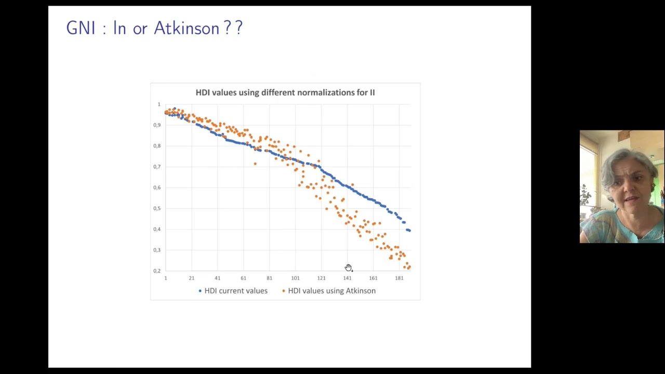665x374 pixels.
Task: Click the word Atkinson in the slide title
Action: coord(187,28)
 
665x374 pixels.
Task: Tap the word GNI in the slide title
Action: coord(81,28)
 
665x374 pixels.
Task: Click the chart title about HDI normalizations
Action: coord(285,92)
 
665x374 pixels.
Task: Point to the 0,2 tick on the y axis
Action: coord(157,271)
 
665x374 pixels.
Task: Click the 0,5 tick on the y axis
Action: coord(157,208)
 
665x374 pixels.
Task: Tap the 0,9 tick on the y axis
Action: coord(157,125)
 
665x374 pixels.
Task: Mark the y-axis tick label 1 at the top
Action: coord(159,104)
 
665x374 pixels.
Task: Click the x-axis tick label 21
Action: coord(191,278)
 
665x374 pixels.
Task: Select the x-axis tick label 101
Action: coord(295,278)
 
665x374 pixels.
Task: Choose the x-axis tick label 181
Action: coord(399,278)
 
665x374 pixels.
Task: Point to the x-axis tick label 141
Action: coord(347,278)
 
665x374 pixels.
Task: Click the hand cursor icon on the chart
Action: coord(348,268)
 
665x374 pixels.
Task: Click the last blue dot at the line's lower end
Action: coord(409,230)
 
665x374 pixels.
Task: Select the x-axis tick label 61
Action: coord(243,278)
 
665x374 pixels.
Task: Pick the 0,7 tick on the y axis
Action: coord(157,167)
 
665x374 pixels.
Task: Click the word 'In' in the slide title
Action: coord(119,28)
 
